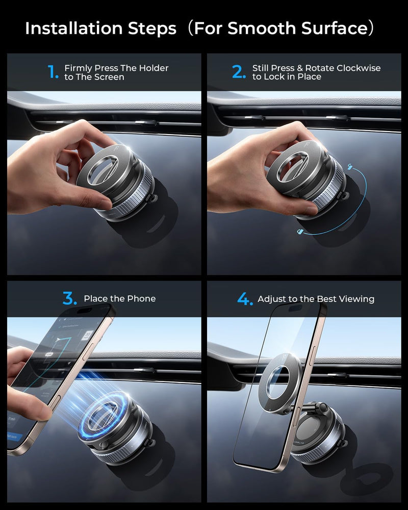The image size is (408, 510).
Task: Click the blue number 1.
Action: coord(53,72)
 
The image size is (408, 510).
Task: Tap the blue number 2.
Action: coord(239,72)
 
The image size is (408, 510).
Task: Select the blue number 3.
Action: coord(70,298)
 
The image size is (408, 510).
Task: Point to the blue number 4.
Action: coord(245,299)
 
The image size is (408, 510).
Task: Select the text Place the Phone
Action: coord(120,299)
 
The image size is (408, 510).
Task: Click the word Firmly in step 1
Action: coord(78,68)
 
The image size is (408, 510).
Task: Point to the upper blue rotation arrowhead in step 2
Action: coord(351,166)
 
